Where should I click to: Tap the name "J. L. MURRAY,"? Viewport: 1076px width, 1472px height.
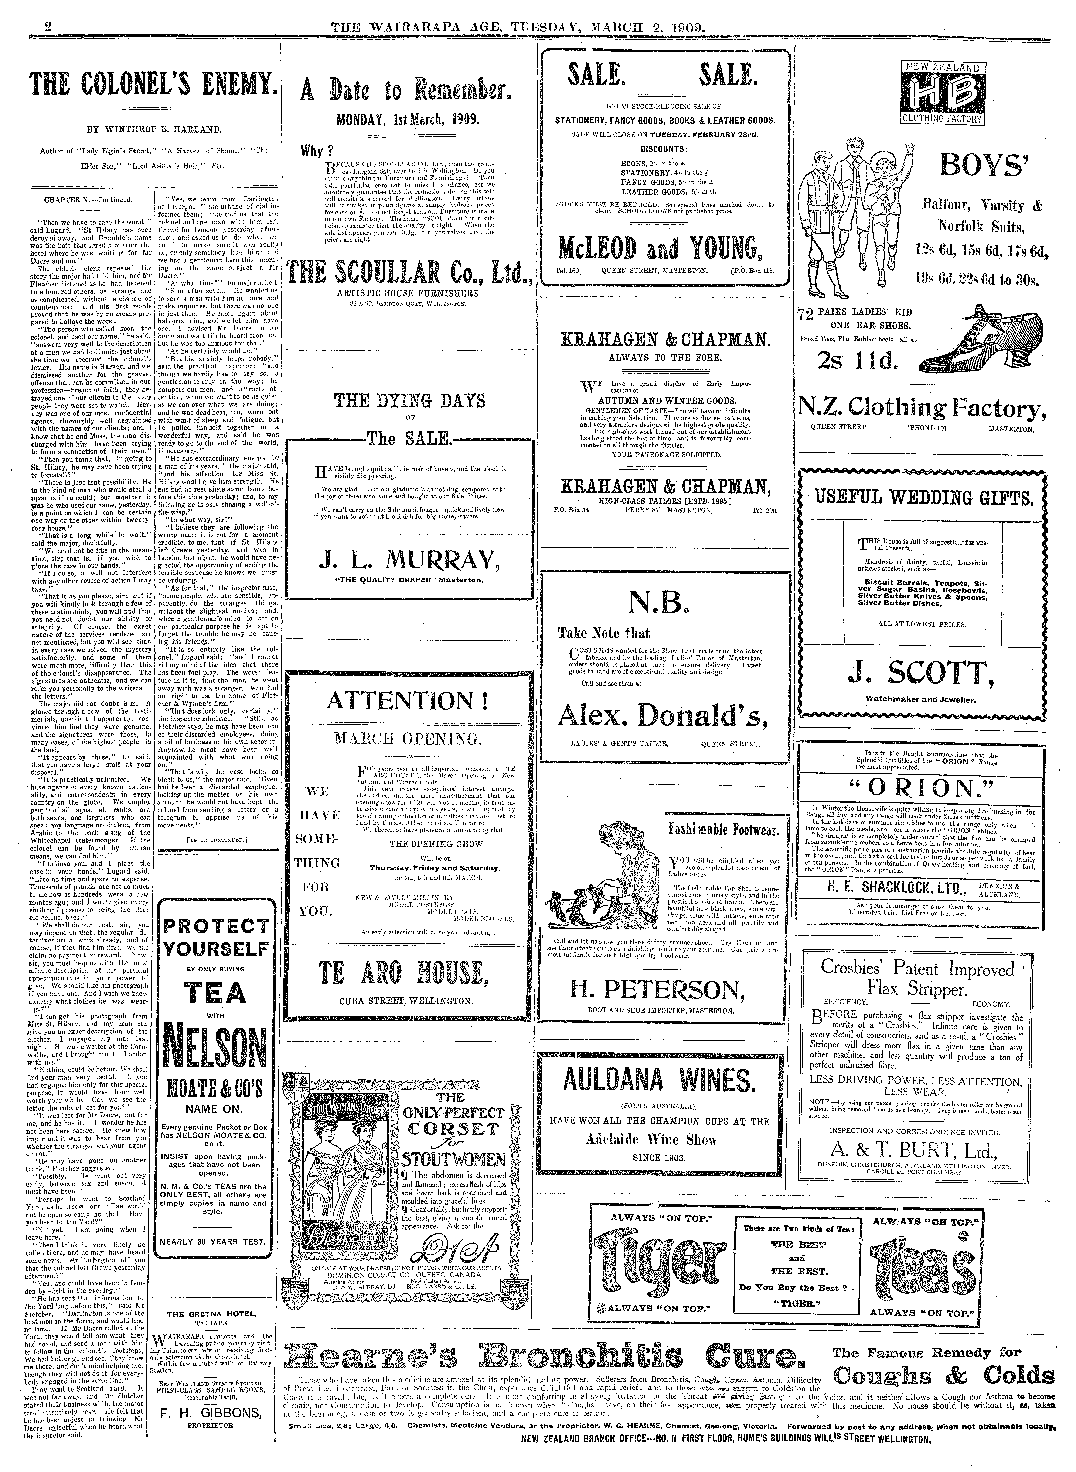410,559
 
